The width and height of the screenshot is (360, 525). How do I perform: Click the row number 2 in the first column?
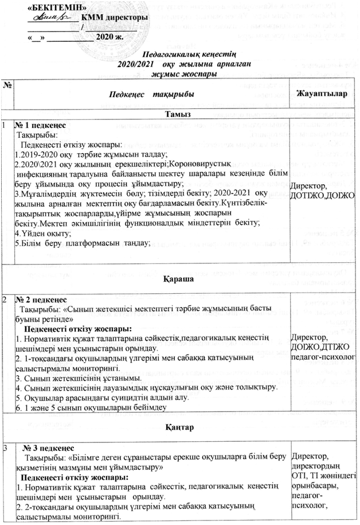tap(5, 300)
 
